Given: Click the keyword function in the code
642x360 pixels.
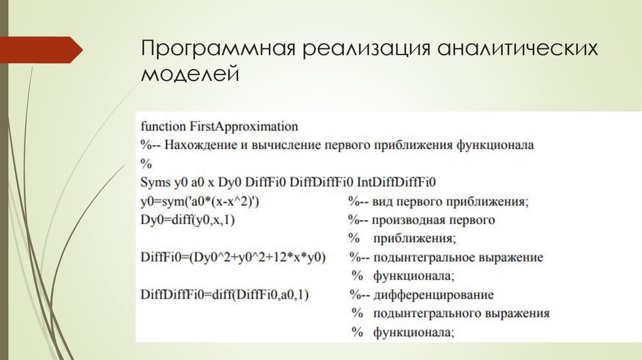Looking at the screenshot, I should pyautogui.click(x=159, y=126).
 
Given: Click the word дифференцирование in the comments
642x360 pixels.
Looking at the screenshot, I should pyautogui.click(x=433, y=295).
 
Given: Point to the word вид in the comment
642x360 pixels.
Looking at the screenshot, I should pyautogui.click(x=381, y=202).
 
